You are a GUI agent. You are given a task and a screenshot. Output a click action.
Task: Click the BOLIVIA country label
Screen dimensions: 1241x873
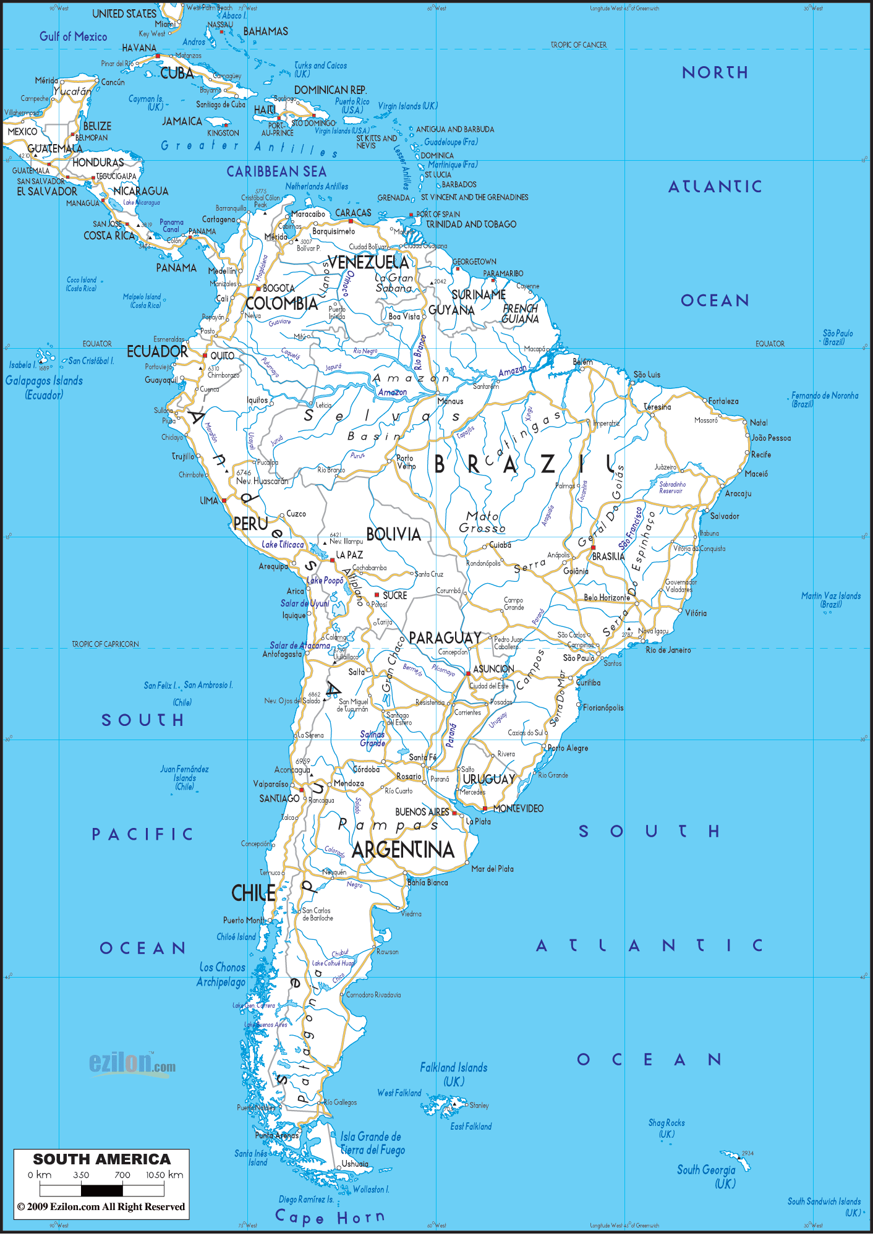[x=393, y=534]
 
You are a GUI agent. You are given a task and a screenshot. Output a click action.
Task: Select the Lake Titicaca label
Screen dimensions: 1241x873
[x=283, y=545]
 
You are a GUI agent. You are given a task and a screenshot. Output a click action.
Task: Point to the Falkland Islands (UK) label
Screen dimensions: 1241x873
[x=454, y=1074]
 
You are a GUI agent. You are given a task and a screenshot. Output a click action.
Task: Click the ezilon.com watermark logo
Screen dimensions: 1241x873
[x=132, y=1064]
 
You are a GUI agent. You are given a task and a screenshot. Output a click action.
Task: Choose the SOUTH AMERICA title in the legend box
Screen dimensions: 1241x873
[x=101, y=1159]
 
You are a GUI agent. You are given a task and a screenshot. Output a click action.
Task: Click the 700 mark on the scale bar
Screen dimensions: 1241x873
[x=122, y=1175]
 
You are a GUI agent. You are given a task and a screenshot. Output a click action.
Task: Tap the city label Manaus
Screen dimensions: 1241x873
[x=450, y=401]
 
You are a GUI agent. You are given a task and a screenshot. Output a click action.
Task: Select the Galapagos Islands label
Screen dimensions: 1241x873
[x=44, y=381]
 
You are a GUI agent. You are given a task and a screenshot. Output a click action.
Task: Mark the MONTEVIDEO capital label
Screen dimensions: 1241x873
[x=518, y=809]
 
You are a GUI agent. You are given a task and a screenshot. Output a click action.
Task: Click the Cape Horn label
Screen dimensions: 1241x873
[x=329, y=1218]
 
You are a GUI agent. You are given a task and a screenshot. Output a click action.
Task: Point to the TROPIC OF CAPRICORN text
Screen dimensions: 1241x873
[x=105, y=644]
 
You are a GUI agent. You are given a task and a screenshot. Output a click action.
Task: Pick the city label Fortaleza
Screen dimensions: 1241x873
[x=723, y=401]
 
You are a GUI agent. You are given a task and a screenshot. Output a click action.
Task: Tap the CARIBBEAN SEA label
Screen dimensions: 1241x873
[x=276, y=172]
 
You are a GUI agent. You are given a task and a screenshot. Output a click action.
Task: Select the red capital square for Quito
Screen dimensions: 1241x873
[x=205, y=356]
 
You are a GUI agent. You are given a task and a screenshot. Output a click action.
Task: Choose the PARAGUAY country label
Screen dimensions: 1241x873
[x=445, y=638]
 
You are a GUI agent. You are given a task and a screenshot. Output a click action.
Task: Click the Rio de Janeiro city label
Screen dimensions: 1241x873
[x=668, y=650]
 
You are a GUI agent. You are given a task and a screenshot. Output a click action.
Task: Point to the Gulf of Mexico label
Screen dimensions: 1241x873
[x=73, y=36]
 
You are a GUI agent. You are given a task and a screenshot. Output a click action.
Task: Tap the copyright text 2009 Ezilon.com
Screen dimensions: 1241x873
[x=101, y=1206]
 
